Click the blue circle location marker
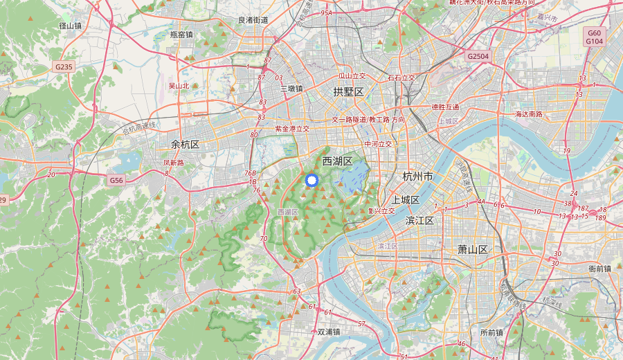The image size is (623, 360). pyautogui.click(x=311, y=180)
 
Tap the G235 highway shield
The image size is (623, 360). pyautogui.click(x=64, y=67)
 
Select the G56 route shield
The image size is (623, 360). pyautogui.click(x=116, y=180)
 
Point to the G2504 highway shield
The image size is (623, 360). pyautogui.click(x=478, y=56)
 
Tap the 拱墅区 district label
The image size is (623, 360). pyautogui.click(x=348, y=91)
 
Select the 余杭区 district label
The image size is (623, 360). pyautogui.click(x=186, y=145)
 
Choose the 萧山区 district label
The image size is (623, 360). pyautogui.click(x=473, y=249)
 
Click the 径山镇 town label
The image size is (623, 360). pyautogui.click(x=71, y=26)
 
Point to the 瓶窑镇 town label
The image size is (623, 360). pyautogui.click(x=181, y=35)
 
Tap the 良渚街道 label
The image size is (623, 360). pyautogui.click(x=253, y=21)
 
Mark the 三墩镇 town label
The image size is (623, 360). pyautogui.click(x=291, y=89)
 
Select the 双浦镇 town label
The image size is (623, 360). pyautogui.click(x=329, y=332)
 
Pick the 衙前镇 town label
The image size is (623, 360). pyautogui.click(x=599, y=269)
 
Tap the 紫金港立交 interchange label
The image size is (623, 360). pyautogui.click(x=292, y=129)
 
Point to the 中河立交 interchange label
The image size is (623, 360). pyautogui.click(x=378, y=144)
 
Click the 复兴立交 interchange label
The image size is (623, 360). pyautogui.click(x=381, y=211)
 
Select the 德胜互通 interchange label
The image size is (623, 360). pyautogui.click(x=445, y=107)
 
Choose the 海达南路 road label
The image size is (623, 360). pyautogui.click(x=529, y=114)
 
